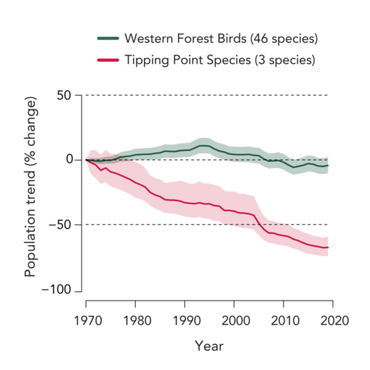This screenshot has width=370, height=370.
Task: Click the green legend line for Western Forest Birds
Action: [x=107, y=39]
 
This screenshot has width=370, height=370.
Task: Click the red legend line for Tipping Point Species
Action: [x=107, y=60]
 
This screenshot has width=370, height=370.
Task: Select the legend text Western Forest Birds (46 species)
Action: [x=220, y=39]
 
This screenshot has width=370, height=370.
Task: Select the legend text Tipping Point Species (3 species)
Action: [x=219, y=60]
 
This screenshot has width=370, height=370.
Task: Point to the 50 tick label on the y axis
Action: [x=65, y=95]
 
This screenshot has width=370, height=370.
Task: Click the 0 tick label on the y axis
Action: [x=69, y=160]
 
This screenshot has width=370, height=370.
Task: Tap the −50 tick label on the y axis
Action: [x=62, y=225]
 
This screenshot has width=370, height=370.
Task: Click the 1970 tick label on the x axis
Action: [x=86, y=318]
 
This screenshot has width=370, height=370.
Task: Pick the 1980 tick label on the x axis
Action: [x=135, y=318]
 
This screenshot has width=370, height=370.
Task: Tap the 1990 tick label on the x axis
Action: [x=184, y=318]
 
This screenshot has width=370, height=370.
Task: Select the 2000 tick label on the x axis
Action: [x=234, y=318]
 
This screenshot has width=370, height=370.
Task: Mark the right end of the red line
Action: [x=328, y=247]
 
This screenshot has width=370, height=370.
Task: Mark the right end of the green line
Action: [x=328, y=166]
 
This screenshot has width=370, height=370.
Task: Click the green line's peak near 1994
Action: [x=203, y=145]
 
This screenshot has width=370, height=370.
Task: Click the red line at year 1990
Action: [x=184, y=203]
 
